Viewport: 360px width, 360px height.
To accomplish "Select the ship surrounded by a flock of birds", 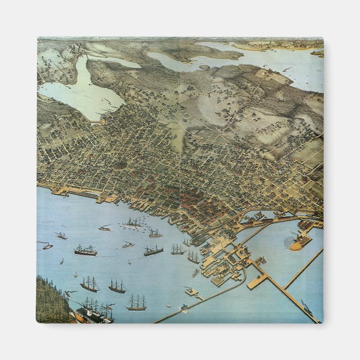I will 134,223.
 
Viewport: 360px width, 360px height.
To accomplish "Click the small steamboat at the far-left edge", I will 47,245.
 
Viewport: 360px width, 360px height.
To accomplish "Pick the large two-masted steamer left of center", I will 86,250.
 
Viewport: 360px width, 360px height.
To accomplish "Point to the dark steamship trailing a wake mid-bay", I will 153,251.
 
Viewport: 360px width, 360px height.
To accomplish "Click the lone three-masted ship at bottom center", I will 136,304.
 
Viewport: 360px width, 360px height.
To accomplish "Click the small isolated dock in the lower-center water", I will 192,291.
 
